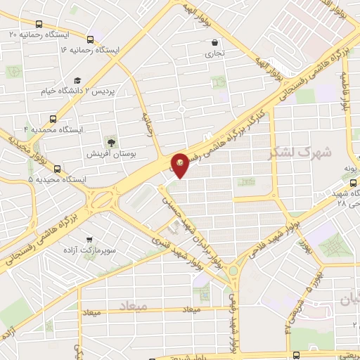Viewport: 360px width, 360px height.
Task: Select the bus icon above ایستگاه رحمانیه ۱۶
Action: [x=90, y=39]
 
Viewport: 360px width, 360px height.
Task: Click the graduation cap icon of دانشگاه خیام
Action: [x=77, y=80]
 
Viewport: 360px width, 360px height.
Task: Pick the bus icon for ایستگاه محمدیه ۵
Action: [x=58, y=168]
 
